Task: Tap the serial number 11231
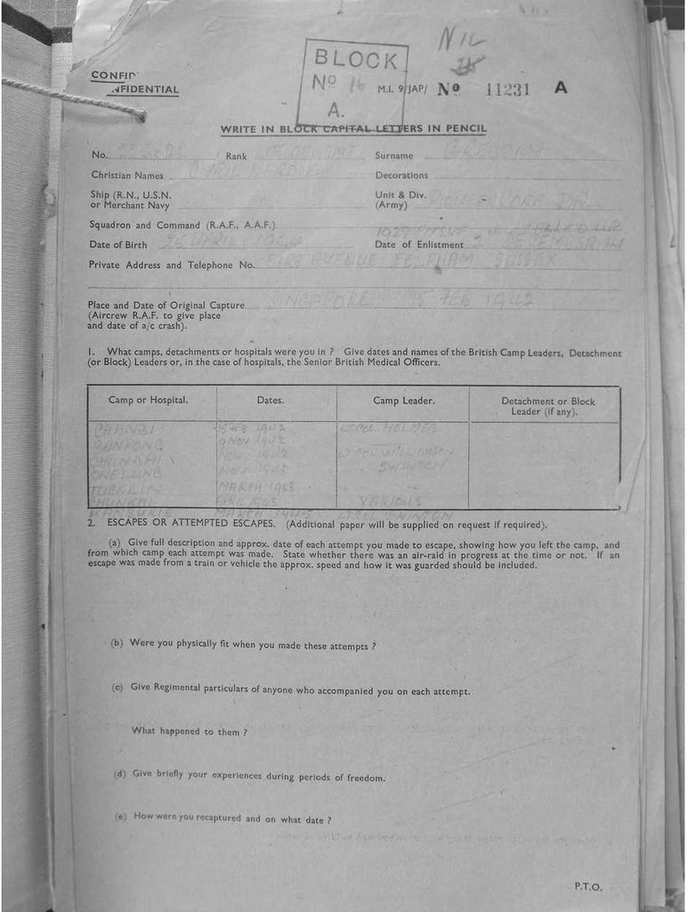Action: pos(508,88)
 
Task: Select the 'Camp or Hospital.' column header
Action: pos(148,400)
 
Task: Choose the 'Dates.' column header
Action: pos(271,400)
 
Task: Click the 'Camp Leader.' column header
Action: pos(404,400)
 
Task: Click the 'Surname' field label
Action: pos(394,156)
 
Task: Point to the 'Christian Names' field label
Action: pos(126,175)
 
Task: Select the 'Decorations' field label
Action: pos(401,175)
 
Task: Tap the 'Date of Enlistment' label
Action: pos(419,245)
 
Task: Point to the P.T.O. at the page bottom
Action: pos(588,886)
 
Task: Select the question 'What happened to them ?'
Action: pos(189,731)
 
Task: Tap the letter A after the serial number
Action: pos(560,87)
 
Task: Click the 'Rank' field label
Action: pos(236,156)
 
